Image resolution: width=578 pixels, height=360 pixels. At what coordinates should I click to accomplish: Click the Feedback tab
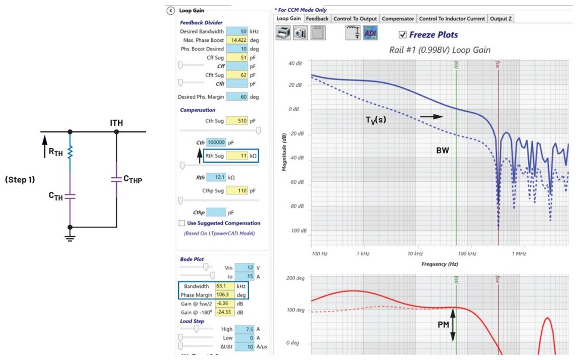pos(317,19)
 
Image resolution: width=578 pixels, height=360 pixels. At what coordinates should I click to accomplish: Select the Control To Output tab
pos(355,19)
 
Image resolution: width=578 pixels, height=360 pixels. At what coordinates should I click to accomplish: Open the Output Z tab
pos(501,19)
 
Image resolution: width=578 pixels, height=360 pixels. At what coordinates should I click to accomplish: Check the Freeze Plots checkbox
pos(403,34)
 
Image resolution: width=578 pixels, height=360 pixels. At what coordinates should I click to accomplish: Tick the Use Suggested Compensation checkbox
pos(182,223)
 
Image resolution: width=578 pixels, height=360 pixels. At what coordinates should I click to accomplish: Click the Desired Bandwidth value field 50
pos(237,31)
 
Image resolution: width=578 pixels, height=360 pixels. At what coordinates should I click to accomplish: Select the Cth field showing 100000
pos(216,142)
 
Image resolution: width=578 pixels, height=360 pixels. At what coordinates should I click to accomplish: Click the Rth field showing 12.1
pos(216,178)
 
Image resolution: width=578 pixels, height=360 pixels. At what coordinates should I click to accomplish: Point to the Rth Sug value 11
pos(237,155)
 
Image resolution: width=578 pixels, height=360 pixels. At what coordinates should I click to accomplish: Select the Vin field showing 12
pos(244,267)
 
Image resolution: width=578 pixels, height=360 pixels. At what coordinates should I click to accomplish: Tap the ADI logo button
pos(370,33)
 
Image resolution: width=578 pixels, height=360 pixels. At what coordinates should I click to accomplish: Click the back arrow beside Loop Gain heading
pos(171,10)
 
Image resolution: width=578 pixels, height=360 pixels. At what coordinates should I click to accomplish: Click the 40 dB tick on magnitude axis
pos(295,63)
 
